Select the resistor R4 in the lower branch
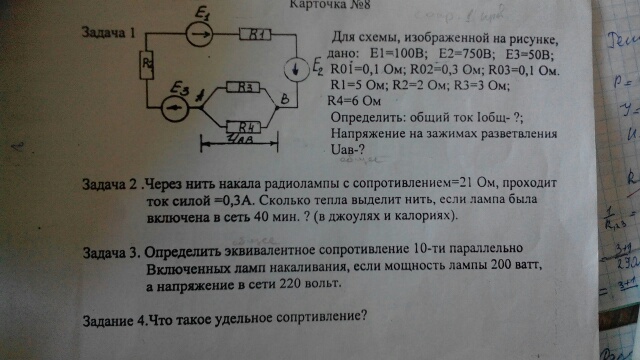244,126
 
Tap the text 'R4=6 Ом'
355,101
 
